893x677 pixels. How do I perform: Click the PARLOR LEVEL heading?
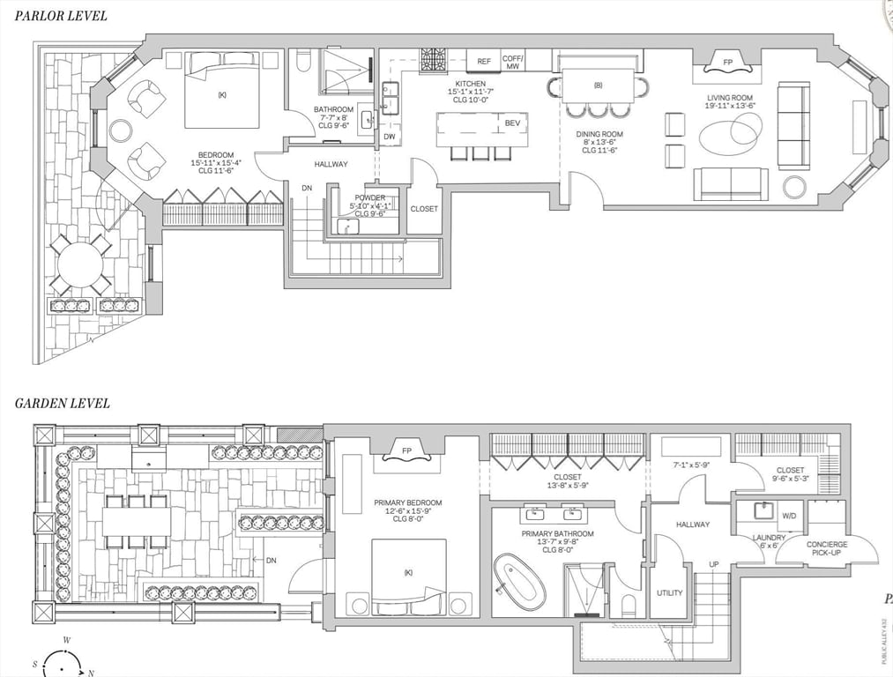click(62, 16)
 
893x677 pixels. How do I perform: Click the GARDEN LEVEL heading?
click(62, 404)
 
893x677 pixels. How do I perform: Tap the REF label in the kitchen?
click(484, 61)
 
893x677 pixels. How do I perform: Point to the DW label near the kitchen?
click(390, 138)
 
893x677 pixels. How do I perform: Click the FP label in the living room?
click(727, 63)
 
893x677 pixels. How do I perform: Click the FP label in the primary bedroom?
click(406, 451)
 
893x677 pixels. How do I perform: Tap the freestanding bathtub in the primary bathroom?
click(519, 583)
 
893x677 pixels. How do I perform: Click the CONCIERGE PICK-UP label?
click(827, 549)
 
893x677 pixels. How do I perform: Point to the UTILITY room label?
click(669, 592)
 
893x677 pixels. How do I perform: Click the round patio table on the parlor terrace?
click(80, 264)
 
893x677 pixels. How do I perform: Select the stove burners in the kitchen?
click(432, 59)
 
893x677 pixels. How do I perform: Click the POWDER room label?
click(369, 198)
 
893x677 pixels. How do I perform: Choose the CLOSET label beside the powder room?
click(424, 209)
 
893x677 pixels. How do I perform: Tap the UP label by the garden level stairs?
click(714, 563)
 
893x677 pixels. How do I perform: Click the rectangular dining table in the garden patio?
click(136, 522)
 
